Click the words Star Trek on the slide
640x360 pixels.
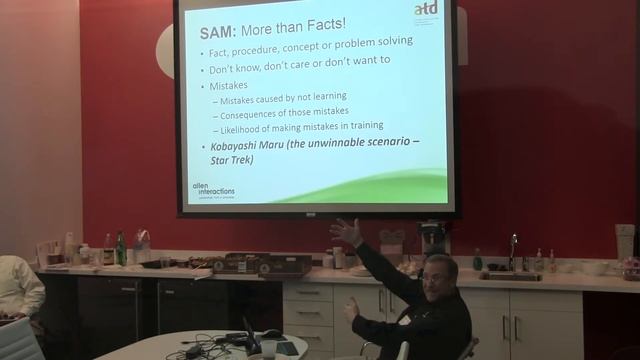(231, 159)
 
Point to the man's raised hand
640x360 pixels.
(346, 232)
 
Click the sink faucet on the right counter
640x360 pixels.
(513, 251)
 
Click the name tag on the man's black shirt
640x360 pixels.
(405, 320)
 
